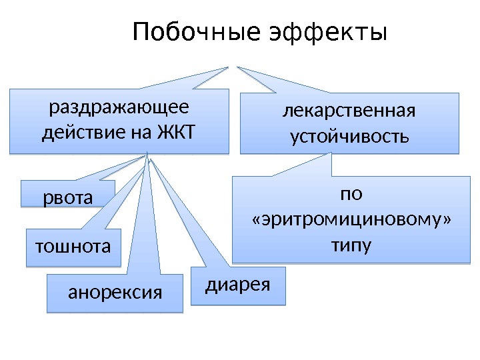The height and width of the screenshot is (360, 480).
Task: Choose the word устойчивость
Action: click(x=349, y=137)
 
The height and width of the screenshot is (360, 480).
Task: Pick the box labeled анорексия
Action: click(x=115, y=293)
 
